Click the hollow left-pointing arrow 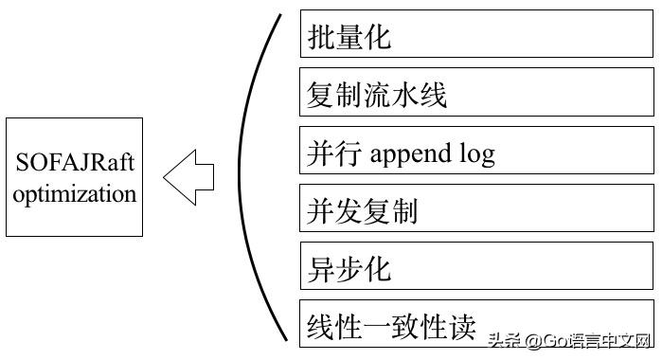tap(188, 176)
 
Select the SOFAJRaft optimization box tap(74, 177)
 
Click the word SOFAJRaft tap(75, 163)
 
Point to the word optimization tap(75, 194)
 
